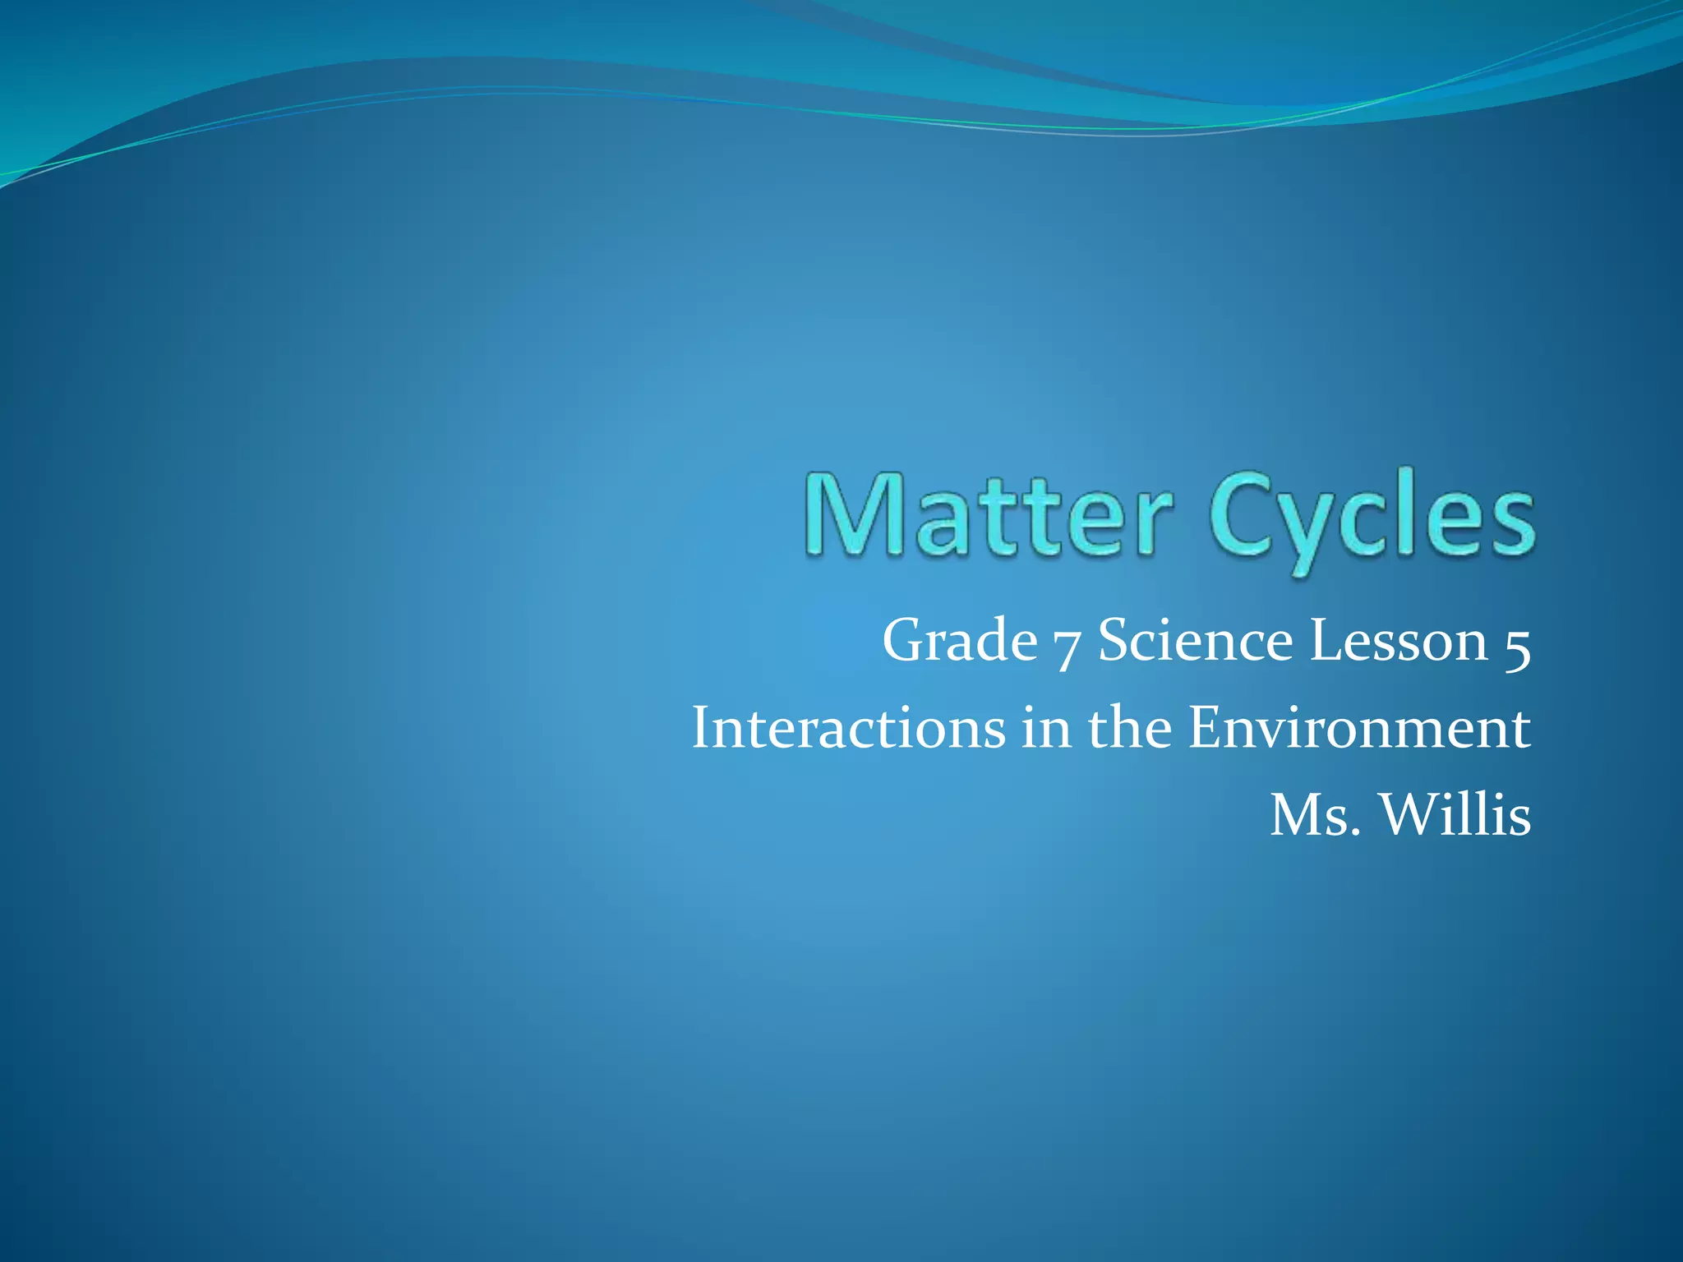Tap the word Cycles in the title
point(1371,518)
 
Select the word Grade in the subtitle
point(959,641)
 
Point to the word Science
point(1195,641)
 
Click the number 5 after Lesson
point(1517,646)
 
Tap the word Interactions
point(848,728)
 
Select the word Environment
point(1359,728)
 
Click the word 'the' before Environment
point(1130,728)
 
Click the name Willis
point(1455,815)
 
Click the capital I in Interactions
point(700,728)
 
